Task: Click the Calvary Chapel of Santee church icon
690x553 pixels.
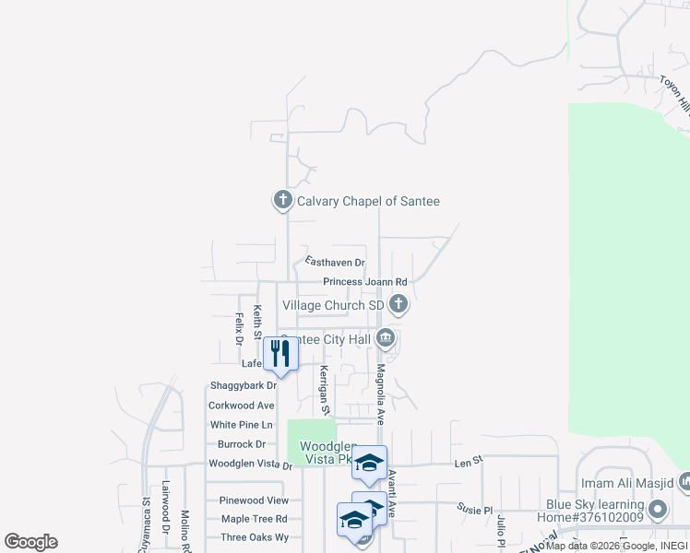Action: click(282, 200)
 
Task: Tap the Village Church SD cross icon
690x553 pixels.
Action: click(399, 303)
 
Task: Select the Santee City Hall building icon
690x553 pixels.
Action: click(387, 339)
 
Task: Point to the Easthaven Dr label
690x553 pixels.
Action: click(335, 263)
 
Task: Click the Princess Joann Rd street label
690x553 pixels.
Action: click(364, 282)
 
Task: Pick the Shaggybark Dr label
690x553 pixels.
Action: click(244, 385)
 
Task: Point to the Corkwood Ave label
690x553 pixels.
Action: click(242, 405)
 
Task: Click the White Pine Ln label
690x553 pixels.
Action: click(242, 425)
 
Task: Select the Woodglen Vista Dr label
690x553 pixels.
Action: click(250, 465)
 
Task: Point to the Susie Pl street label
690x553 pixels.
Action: click(476, 508)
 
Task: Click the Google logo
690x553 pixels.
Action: click(30, 541)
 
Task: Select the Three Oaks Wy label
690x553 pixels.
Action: click(255, 537)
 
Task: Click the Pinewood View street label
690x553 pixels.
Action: click(254, 500)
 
